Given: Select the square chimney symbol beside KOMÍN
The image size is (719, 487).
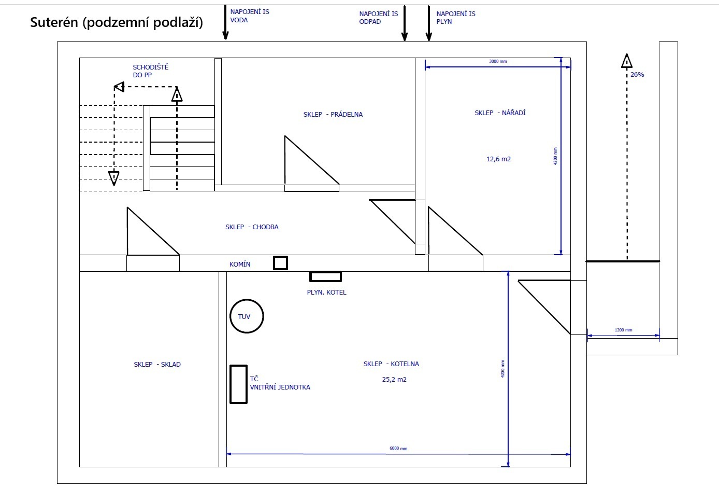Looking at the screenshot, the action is tap(281, 257).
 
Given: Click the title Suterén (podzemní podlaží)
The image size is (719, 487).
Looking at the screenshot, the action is tap(117, 22).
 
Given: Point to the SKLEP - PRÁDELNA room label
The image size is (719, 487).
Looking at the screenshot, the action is tap(333, 115).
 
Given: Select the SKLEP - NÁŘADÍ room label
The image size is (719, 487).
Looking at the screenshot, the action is tap(500, 113).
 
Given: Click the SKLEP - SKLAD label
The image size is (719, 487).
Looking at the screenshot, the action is tap(157, 364).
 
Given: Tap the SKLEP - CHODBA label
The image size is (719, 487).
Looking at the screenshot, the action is tap(252, 227).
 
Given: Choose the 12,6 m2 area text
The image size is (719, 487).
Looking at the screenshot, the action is tap(498, 159).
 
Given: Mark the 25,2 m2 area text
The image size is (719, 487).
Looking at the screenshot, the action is tap(394, 379).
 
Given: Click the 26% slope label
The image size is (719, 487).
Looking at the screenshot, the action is tap(637, 75).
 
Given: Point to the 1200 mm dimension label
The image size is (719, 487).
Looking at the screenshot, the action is tap(623, 330).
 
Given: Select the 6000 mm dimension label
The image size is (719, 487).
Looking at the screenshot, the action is tap(398, 449).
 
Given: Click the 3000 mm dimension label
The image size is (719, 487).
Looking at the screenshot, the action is tap(498, 61).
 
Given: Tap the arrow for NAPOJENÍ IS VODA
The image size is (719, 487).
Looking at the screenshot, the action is tap(225, 22).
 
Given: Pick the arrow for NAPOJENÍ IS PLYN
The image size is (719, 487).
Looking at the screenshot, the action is tap(429, 23).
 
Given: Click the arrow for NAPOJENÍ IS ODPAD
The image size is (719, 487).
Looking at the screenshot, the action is tap(405, 23).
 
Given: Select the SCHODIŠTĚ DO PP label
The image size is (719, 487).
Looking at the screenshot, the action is tap(151, 71).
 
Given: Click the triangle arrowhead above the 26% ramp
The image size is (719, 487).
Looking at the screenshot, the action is tap(627, 61).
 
